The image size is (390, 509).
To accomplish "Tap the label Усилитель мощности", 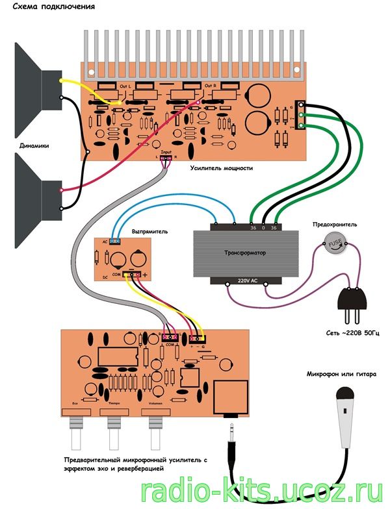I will pos(221,168).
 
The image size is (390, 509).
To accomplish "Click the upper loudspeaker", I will pos(32,84).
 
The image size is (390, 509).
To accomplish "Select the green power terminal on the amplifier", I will pos(300,116).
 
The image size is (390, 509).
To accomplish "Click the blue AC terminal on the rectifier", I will pos(114,240).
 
